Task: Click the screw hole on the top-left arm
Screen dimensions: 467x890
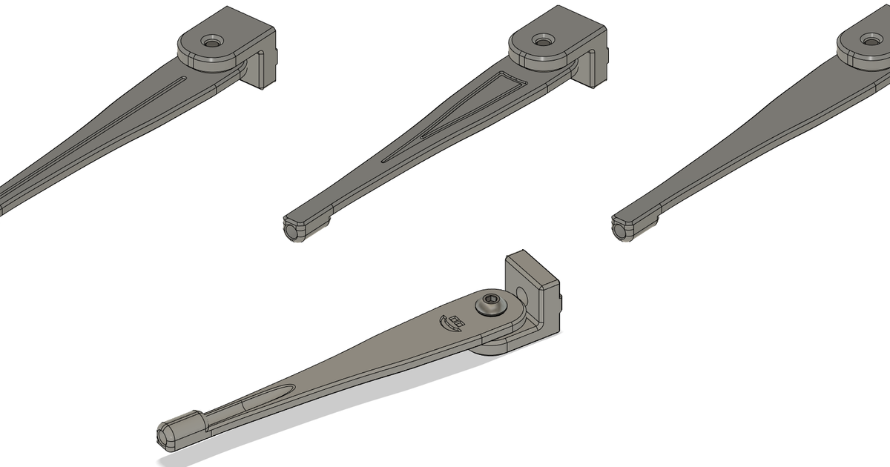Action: point(214,43)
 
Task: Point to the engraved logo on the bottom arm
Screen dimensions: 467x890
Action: point(452,322)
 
